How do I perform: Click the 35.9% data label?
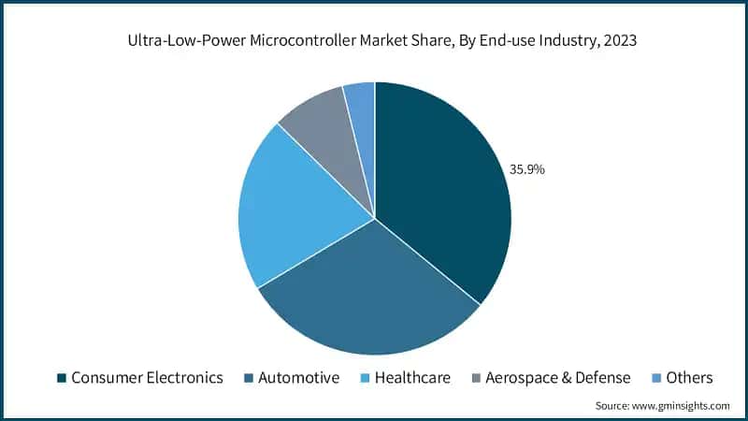526,170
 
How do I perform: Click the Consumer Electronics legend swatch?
62,378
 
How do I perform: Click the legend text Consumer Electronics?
148,378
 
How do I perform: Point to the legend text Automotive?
299,378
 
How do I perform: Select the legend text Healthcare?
412,378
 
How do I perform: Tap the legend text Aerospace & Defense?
558,378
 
